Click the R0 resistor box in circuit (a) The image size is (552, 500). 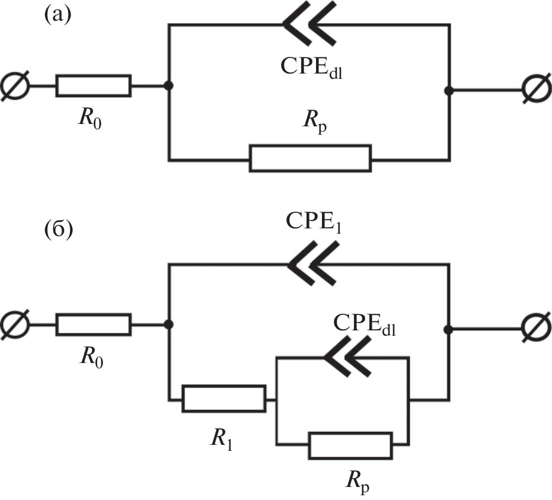point(93,85)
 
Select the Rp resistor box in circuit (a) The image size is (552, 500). point(310,158)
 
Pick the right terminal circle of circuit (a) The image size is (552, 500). point(535,90)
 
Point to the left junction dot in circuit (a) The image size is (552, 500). point(169,85)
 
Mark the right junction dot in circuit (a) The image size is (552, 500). point(449,90)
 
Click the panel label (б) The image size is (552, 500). point(58,228)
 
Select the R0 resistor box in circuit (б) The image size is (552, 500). point(93,324)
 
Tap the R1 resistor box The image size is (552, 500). point(224,399)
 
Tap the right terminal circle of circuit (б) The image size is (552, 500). point(535,329)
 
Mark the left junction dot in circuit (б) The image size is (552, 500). point(169,324)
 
